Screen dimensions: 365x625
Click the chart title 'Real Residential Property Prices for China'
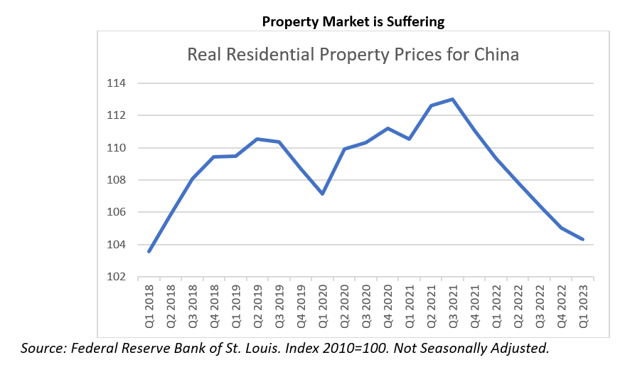click(x=353, y=55)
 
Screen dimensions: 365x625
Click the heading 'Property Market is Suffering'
click(x=353, y=21)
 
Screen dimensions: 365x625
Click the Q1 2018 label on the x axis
click(x=149, y=305)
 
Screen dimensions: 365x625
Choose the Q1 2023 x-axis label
click(x=583, y=305)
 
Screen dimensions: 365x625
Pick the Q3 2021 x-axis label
click(x=453, y=305)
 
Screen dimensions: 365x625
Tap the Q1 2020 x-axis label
click(x=323, y=305)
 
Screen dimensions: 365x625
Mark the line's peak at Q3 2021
click(x=453, y=99)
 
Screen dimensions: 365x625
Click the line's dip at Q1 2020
click(x=323, y=194)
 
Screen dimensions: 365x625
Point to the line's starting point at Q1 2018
click(x=149, y=251)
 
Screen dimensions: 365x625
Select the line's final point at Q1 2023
click(x=583, y=240)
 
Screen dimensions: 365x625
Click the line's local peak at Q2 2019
click(x=257, y=139)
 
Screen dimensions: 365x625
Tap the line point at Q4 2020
click(x=388, y=128)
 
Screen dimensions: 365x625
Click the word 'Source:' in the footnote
click(x=44, y=348)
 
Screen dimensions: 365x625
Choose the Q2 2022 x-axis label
click(x=518, y=305)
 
